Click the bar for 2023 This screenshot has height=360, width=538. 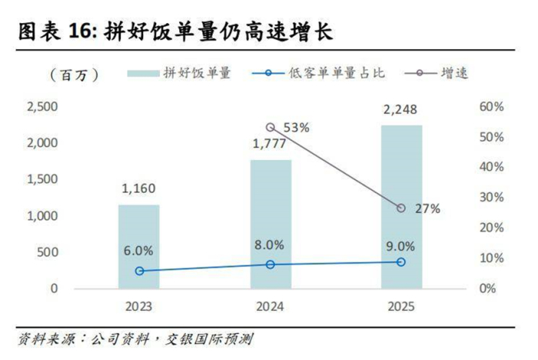pos(138,246)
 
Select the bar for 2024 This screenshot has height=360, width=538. pos(270,224)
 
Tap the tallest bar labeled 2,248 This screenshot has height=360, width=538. pos(401,207)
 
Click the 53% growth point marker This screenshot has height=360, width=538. pos(270,128)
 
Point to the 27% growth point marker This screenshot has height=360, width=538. pos(401,208)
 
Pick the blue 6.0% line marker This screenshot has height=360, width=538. pos(138,271)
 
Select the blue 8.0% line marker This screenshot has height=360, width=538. pos(270,265)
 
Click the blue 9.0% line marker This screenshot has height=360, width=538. pos(401,262)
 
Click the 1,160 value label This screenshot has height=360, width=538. pos(138,187)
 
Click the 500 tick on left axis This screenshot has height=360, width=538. pos(48,252)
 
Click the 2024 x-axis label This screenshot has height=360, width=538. pos(270,306)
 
